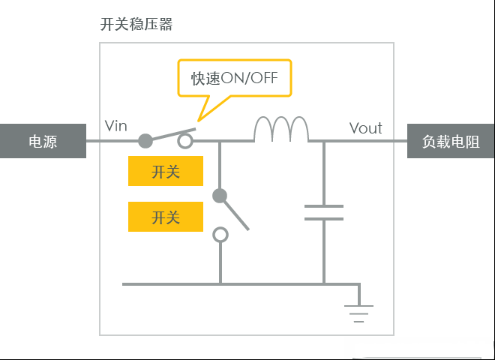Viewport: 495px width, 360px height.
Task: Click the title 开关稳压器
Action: point(136,24)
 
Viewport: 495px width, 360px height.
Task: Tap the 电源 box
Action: point(43,141)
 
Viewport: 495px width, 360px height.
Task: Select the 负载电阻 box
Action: point(451,141)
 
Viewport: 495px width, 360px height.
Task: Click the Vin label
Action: point(115,126)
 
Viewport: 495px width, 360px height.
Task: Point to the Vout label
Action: point(365,128)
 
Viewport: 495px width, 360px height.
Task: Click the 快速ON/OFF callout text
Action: point(234,78)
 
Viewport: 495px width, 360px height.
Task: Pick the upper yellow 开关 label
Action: point(166,171)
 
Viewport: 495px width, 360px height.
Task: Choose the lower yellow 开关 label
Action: point(166,217)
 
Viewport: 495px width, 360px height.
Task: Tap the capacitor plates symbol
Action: point(324,212)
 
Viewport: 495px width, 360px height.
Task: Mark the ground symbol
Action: point(359,313)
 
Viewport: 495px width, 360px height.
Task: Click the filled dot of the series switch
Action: point(145,141)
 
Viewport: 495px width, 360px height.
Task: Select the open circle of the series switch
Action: point(185,141)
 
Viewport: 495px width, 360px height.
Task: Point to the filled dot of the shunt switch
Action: point(220,196)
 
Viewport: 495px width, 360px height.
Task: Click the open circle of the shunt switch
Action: point(220,235)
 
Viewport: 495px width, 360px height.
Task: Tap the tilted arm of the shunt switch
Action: point(235,214)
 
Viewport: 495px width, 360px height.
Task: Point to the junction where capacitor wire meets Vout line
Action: point(324,141)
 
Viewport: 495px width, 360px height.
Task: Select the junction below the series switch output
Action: point(220,141)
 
